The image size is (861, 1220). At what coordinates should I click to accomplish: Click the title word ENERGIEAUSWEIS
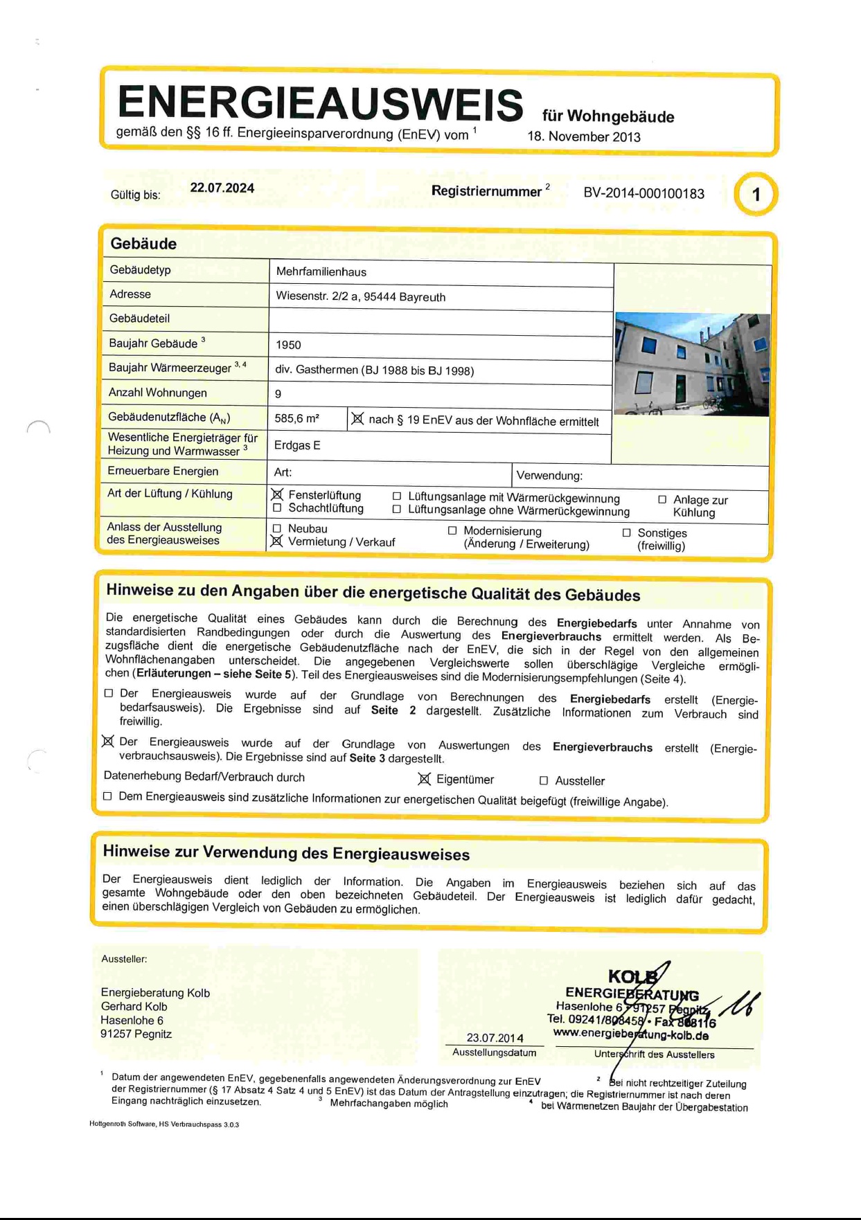(320, 103)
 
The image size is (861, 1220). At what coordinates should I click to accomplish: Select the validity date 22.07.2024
(222, 188)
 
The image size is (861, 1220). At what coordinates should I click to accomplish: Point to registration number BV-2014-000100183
(643, 193)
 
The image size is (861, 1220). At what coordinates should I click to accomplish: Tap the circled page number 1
(756, 195)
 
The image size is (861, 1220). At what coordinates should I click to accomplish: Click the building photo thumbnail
(691, 364)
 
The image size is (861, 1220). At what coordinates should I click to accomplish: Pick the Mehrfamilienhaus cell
(321, 272)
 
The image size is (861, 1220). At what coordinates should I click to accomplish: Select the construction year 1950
(288, 345)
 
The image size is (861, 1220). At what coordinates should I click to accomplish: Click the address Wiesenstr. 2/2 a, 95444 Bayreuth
(360, 297)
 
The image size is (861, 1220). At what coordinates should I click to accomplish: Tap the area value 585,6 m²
(296, 418)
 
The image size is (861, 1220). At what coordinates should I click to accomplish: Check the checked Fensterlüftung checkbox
(278, 494)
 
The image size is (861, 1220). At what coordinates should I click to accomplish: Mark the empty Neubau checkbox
(277, 529)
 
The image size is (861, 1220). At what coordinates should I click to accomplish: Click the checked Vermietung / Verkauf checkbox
(277, 541)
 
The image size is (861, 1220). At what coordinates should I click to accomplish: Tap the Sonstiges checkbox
(626, 532)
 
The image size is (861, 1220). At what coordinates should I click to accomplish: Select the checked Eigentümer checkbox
(425, 780)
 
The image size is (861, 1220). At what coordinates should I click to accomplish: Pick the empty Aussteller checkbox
(544, 781)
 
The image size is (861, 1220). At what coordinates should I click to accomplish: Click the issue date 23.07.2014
(495, 1038)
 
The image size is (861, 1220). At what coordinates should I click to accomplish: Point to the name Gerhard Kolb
(134, 1007)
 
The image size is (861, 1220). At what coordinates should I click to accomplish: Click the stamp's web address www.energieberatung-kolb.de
(630, 1034)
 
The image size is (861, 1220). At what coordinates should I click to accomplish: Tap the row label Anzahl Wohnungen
(157, 393)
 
